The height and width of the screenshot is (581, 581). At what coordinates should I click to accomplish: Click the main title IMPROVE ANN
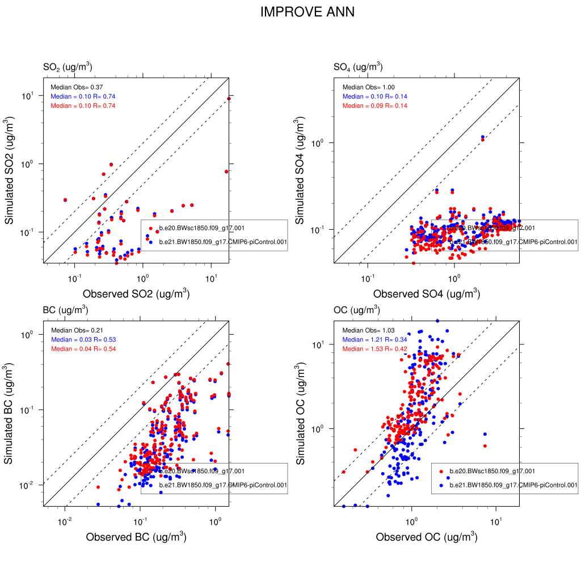tap(307, 12)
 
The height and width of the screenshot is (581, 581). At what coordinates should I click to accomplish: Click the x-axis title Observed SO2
tap(136, 294)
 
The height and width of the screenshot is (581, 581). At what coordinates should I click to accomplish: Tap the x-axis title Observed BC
tap(136, 537)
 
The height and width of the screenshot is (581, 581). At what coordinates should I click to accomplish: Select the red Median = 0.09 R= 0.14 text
tap(374, 106)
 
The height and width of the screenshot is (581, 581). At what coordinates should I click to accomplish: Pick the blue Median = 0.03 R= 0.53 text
tap(83, 339)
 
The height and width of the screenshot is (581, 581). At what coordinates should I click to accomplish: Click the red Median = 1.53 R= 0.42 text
tap(374, 348)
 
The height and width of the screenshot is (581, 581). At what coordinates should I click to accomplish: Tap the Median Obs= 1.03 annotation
tap(367, 330)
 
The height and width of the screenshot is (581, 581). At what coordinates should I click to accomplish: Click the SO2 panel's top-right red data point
tap(229, 99)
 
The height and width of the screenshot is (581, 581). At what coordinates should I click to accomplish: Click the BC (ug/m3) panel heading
tap(65, 310)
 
